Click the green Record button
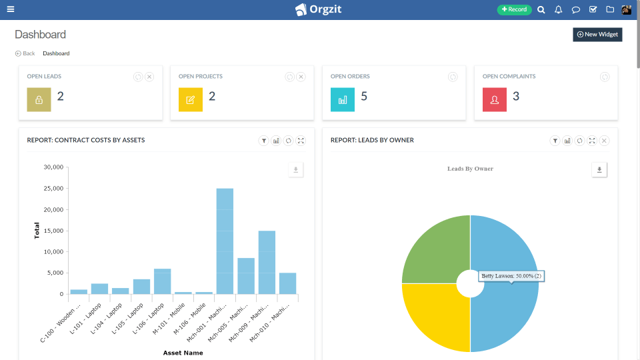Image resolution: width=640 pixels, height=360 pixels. [514, 9]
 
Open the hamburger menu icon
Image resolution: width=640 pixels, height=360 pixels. [11, 9]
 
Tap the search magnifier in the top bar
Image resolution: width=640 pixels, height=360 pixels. [541, 10]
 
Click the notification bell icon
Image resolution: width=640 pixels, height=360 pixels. [559, 10]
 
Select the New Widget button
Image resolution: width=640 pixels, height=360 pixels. [597, 35]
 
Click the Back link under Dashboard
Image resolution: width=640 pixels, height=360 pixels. [25, 53]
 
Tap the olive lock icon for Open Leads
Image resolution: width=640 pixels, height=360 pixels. [39, 99]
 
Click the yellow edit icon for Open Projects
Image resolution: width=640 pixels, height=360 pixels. [191, 99]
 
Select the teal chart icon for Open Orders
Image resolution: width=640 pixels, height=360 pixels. [343, 99]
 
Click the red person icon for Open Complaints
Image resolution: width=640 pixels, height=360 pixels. [495, 99]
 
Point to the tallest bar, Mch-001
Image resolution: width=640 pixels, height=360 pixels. [225, 241]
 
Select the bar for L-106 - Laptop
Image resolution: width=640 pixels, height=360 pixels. [162, 281]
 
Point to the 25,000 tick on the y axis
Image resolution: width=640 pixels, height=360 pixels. [52, 189]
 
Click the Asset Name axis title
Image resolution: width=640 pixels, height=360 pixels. [183, 353]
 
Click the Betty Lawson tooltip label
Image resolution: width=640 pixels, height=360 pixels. [511, 275]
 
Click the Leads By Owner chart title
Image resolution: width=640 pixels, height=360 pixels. [470, 169]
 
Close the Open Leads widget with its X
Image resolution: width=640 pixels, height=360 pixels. [149, 77]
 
